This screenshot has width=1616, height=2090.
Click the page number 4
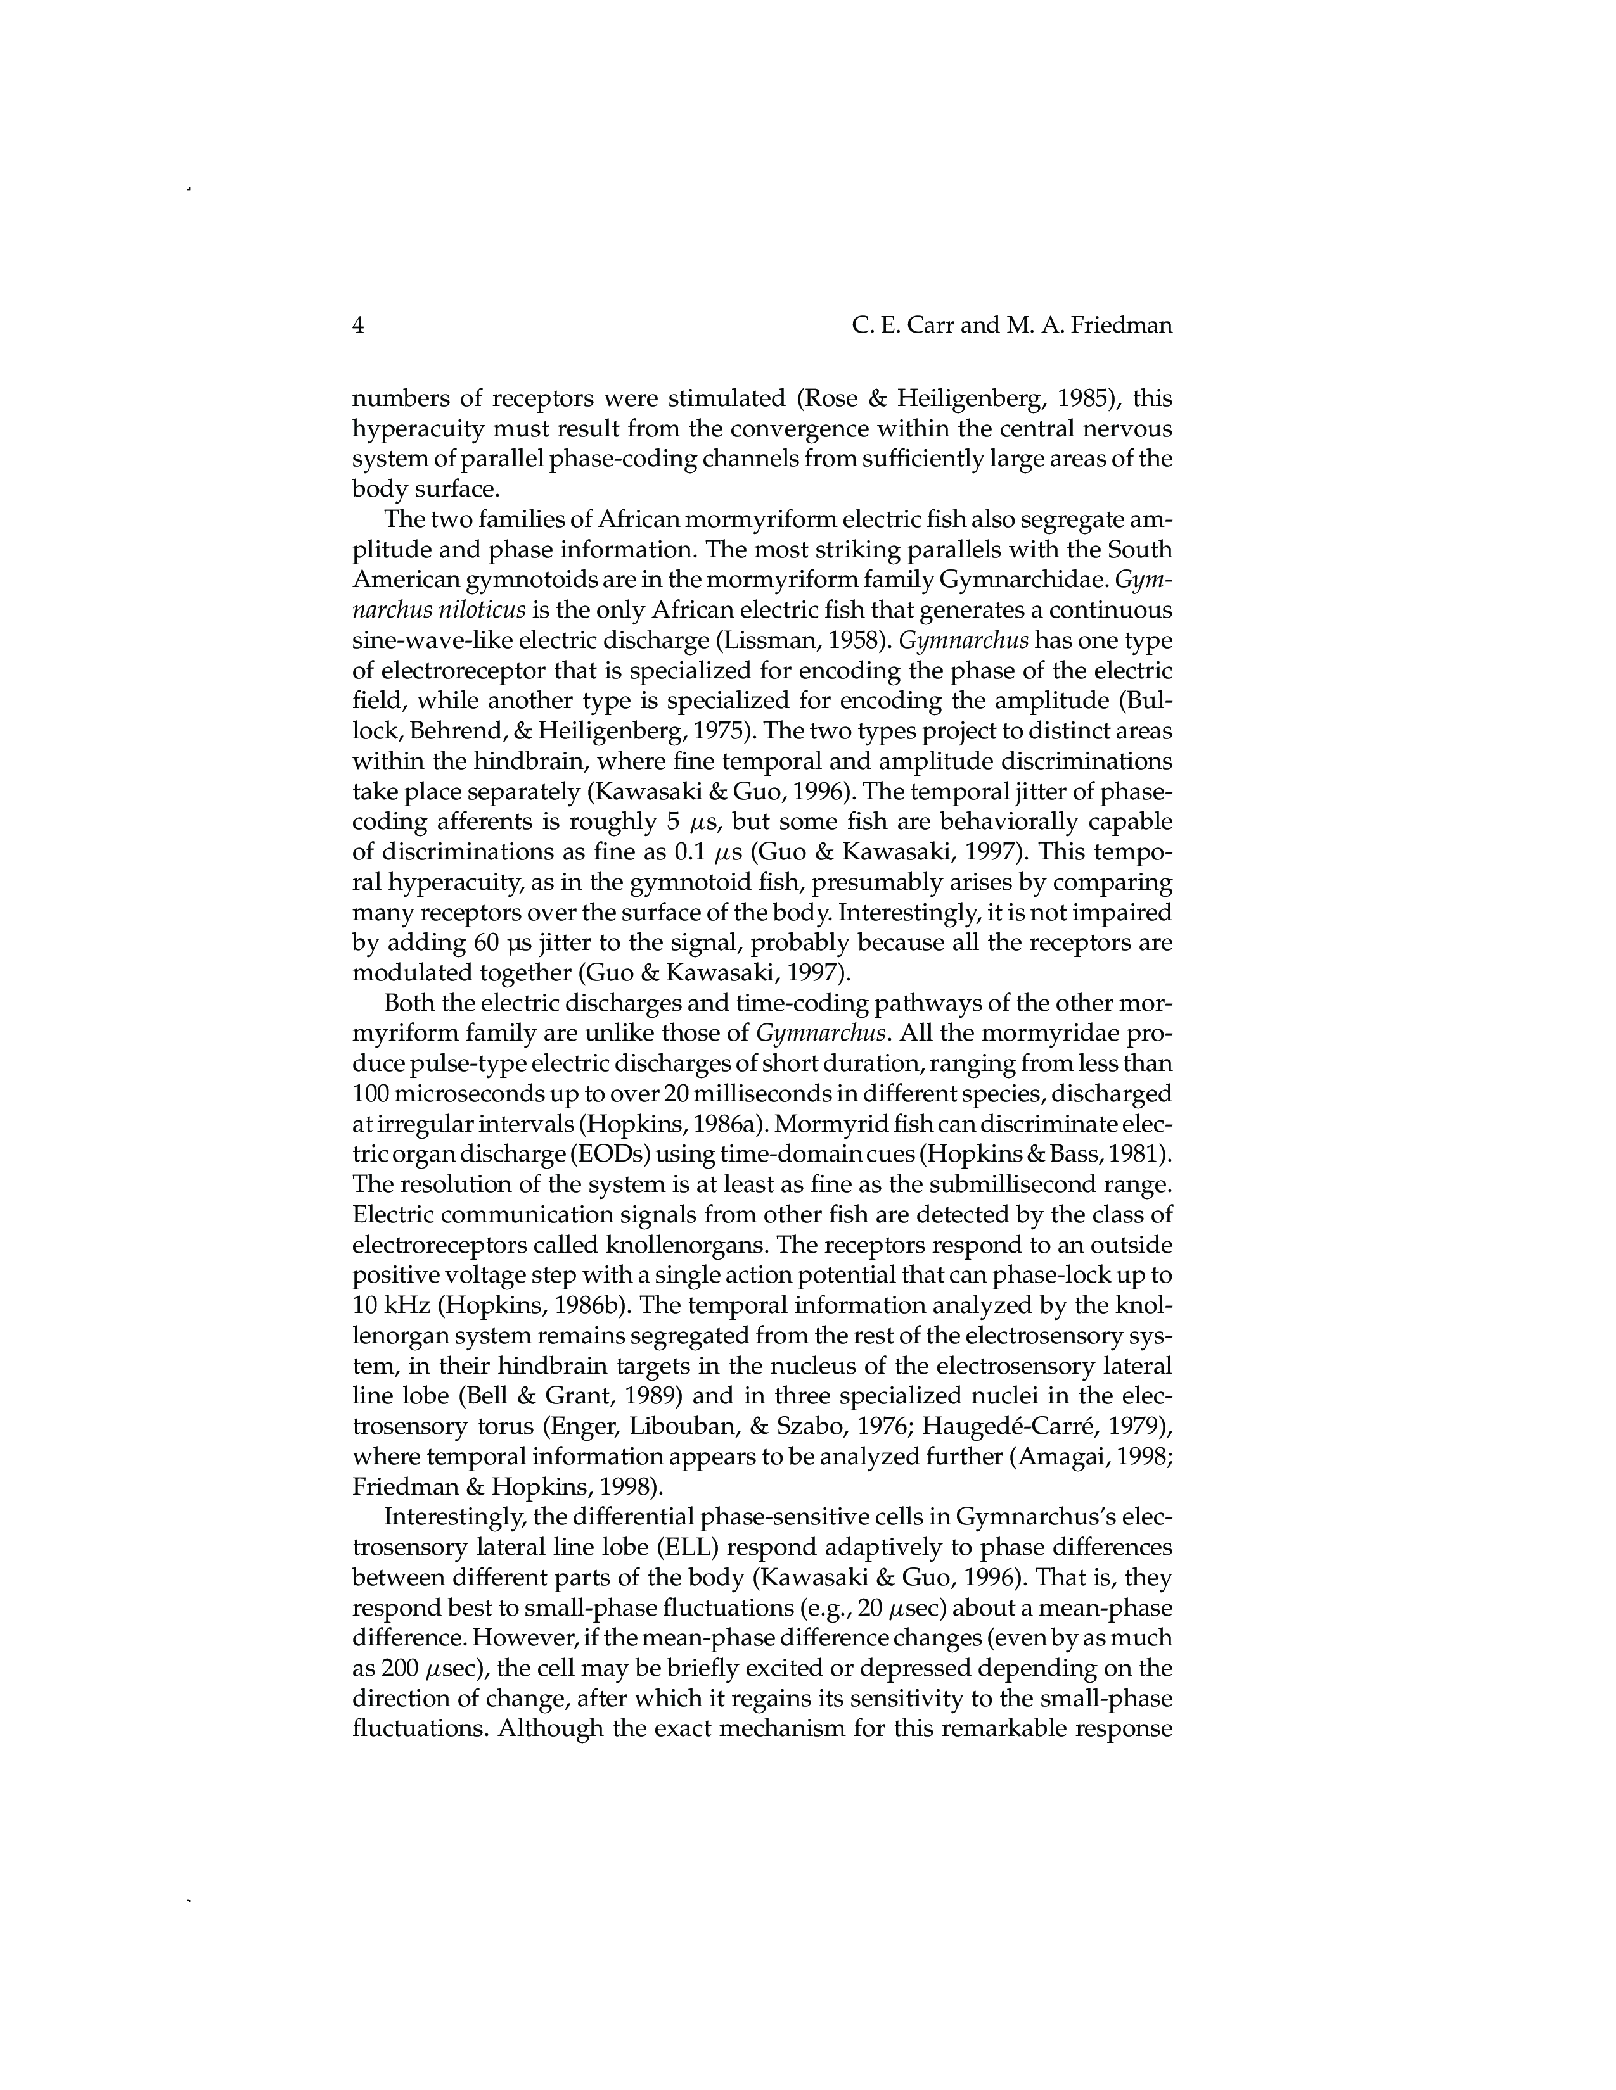coord(359,326)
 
